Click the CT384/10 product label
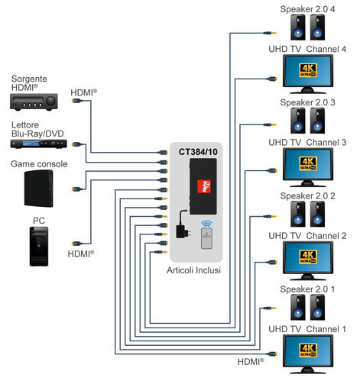click(198, 152)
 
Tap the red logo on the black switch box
click(204, 186)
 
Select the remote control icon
click(206, 238)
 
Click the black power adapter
click(183, 224)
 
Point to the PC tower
click(39, 247)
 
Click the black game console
click(39, 189)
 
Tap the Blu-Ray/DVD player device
click(38, 144)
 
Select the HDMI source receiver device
click(34, 102)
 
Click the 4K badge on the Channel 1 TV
click(308, 350)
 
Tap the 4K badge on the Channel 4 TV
click(308, 70)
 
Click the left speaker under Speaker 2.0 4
click(298, 27)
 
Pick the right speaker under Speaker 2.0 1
click(317, 307)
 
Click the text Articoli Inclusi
click(193, 270)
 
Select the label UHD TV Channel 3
click(307, 142)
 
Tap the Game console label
click(39, 164)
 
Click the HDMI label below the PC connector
click(81, 253)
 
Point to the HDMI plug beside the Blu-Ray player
click(76, 144)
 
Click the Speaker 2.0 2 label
click(307, 195)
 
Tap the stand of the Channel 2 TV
click(308, 277)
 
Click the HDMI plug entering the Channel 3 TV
click(272, 170)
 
